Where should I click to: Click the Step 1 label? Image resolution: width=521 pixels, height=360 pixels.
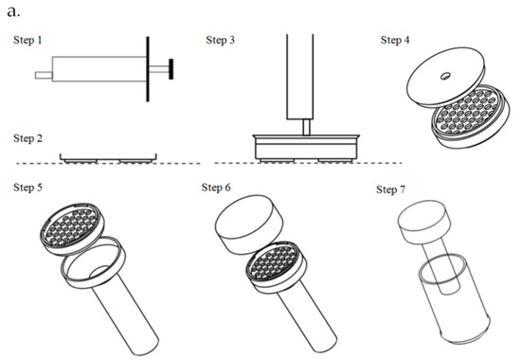click(27, 40)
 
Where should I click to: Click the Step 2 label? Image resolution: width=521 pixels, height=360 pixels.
click(27, 138)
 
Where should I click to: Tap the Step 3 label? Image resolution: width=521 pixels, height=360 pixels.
click(221, 40)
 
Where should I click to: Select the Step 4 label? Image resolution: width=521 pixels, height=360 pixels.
click(395, 40)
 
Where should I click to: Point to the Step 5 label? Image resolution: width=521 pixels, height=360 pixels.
click(27, 188)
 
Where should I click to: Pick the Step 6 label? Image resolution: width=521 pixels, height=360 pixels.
click(216, 188)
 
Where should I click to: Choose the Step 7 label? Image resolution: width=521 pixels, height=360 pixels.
click(390, 189)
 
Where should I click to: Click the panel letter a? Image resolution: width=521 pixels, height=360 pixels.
click(13, 11)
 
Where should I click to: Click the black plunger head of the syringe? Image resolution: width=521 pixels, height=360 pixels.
click(171, 69)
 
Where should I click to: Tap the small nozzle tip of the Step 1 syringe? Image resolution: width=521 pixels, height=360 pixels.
click(44, 76)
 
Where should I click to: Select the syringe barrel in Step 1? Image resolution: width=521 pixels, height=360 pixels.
click(99, 69)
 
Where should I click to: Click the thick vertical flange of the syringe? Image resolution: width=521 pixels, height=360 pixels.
click(148, 69)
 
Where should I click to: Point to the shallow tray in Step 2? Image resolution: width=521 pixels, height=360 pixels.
click(108, 159)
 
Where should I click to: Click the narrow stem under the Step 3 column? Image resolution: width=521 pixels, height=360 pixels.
click(306, 127)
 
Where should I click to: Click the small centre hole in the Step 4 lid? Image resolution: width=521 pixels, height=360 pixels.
click(445, 77)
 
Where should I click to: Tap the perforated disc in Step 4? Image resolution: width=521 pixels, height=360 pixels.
click(470, 115)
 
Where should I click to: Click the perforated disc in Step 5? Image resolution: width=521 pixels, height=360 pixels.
click(72, 229)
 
